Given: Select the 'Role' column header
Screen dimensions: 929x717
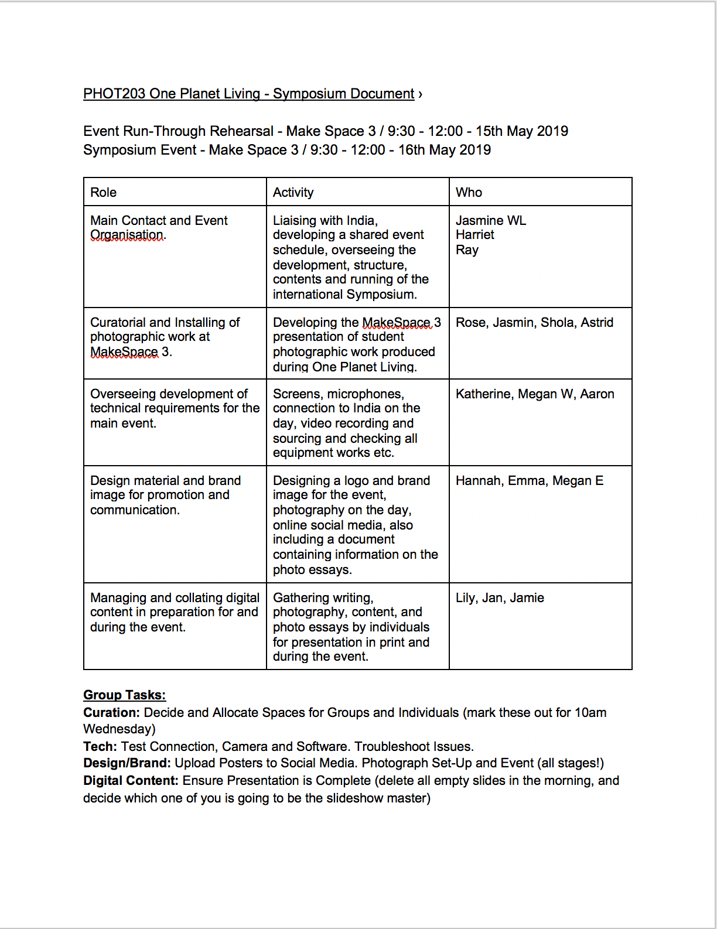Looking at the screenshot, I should pos(104,193).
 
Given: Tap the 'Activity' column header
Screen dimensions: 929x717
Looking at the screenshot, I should pos(293,193).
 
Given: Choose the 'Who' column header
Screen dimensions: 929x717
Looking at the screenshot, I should pos(469,193).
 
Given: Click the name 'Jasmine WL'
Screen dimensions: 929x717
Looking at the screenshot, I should pos(491,221).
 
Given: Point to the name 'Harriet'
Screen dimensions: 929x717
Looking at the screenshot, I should pos(475,235).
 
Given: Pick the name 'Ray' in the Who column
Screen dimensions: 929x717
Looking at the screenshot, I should pos(467,250).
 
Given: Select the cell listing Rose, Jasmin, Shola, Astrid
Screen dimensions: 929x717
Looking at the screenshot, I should pos(534,323).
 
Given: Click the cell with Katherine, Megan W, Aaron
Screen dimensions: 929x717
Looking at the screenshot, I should pos(535,394).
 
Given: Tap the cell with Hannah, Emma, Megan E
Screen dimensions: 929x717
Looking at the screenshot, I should pos(530,481).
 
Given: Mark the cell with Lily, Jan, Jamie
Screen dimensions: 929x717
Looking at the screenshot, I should pos(500,598).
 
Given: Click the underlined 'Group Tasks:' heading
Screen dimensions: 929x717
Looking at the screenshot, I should pos(125,695).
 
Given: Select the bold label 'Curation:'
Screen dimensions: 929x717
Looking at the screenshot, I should pos(112,713).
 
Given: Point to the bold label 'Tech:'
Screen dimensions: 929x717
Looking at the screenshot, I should pos(100,747).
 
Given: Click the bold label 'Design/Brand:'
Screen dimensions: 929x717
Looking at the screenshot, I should pos(127,763).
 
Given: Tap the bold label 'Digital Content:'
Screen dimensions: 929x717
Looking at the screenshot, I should pos(131,781).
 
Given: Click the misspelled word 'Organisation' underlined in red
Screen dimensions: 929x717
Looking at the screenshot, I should pos(127,235).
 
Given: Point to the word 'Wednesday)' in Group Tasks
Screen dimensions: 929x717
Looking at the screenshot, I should pos(119,729).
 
